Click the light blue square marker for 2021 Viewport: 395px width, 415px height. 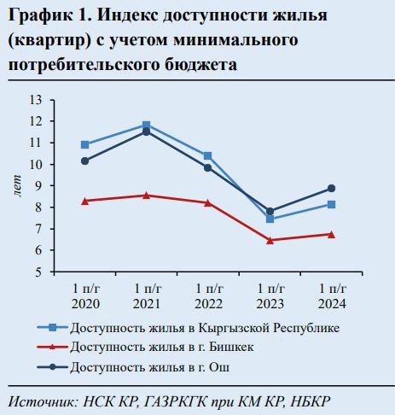147,125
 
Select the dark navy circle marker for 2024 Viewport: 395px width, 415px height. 331,189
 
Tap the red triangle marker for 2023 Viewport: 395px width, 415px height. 270,241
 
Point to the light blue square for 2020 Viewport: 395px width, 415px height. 84,145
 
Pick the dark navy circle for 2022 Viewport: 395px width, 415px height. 208,168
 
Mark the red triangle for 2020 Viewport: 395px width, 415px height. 84,202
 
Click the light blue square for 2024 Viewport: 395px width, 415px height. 331,204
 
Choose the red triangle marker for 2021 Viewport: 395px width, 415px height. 147,196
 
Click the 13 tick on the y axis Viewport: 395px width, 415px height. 36,100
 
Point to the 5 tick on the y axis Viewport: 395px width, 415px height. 38,272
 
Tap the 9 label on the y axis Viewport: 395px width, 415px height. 38,186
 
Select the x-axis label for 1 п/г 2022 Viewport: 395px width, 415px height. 209,296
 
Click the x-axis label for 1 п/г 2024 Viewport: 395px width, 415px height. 332,296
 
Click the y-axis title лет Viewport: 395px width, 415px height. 17,185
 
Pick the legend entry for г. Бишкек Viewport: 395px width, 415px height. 146,347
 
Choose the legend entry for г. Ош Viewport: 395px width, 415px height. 133,367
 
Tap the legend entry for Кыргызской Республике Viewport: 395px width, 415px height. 189,328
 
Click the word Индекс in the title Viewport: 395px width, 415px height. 127,15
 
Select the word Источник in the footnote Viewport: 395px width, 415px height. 43,402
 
